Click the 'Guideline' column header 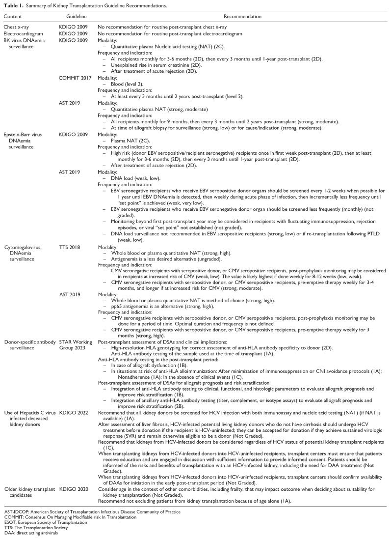69,17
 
